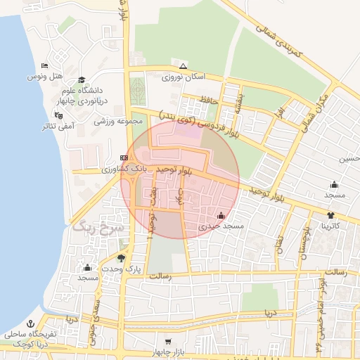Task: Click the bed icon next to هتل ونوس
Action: click(x=44, y=66)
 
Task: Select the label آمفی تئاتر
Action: click(x=58, y=126)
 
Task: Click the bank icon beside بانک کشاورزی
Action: click(x=124, y=157)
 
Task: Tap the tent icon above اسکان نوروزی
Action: click(x=184, y=66)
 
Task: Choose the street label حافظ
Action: click(x=210, y=100)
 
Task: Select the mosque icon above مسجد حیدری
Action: click(x=222, y=216)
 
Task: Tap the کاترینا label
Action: click(x=331, y=226)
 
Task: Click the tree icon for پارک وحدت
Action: click(x=122, y=258)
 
